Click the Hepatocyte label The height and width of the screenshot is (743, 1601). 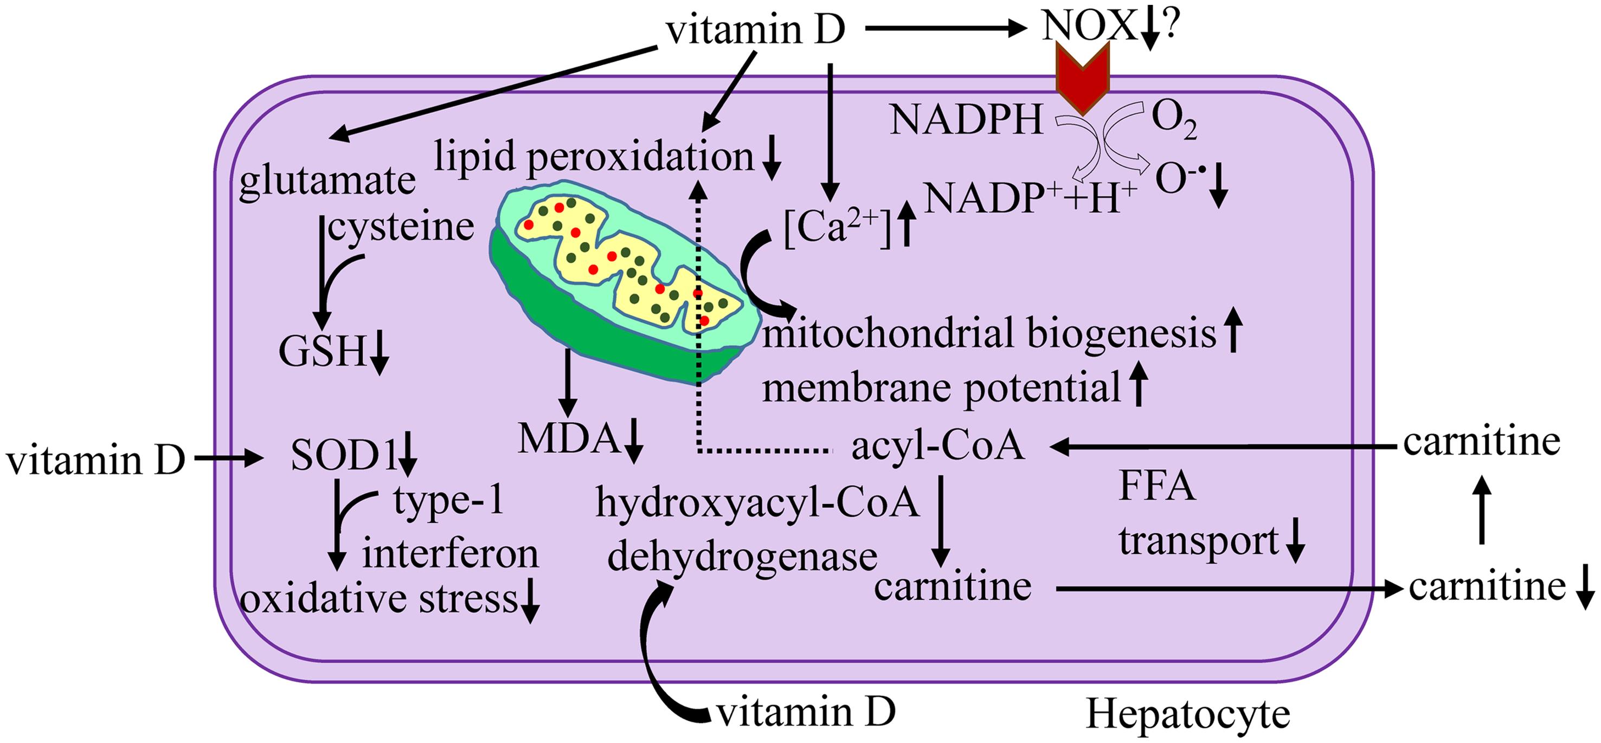click(1188, 714)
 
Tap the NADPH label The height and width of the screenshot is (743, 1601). click(967, 119)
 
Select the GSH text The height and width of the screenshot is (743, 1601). click(322, 352)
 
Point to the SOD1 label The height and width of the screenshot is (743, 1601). click(344, 458)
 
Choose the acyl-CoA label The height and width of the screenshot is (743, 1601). click(937, 446)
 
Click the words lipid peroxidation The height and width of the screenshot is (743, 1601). click(594, 158)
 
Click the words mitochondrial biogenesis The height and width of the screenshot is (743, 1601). click(988, 334)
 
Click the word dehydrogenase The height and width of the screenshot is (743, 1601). click(742, 557)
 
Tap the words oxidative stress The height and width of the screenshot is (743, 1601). click(379, 599)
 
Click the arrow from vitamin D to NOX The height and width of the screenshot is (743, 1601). click(944, 28)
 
